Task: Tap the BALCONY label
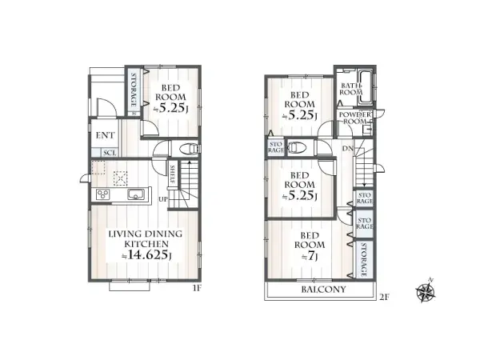pos(323,289)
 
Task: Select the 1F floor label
pos(195,290)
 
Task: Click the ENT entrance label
pos(106,135)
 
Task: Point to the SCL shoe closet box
pos(110,152)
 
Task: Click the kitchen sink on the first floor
pos(134,194)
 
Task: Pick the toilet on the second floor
pos(294,147)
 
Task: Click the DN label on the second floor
pos(349,149)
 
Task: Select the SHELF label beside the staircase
pos(174,174)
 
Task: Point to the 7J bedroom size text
pos(308,257)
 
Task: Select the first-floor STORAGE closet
pos(134,90)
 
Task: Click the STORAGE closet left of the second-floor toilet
pos(275,146)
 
